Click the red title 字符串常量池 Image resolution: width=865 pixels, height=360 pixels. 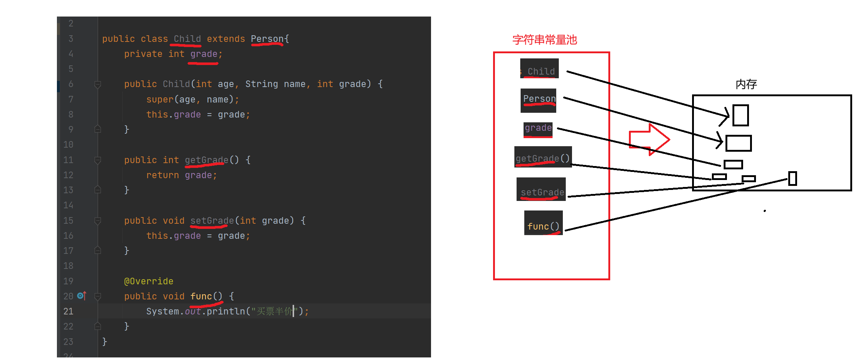click(544, 40)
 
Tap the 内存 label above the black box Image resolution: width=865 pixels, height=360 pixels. click(746, 84)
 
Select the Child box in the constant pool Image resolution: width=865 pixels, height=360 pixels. click(539, 69)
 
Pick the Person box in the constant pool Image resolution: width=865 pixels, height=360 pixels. click(539, 100)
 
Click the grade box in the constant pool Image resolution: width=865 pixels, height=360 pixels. click(538, 129)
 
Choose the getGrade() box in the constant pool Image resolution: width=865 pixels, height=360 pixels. click(543, 157)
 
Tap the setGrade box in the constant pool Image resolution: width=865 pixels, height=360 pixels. click(541, 190)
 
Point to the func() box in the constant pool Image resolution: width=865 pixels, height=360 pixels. click(543, 223)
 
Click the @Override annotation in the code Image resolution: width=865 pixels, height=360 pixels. click(149, 281)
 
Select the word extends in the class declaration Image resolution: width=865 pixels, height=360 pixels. click(226, 39)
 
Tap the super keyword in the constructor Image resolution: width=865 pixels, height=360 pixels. click(160, 100)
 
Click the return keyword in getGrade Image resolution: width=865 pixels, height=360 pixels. click(163, 175)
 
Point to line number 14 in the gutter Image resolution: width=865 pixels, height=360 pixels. click(68, 205)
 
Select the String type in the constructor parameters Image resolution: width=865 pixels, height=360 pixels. click(261, 84)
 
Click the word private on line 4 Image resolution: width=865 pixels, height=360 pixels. click(143, 54)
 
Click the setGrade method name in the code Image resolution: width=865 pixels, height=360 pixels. click(212, 221)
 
